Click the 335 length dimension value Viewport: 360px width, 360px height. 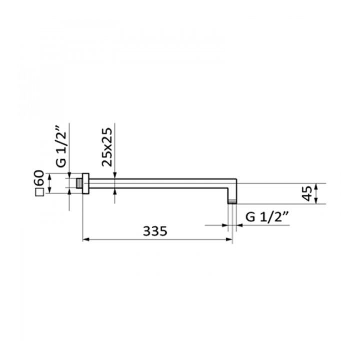(x=155, y=231)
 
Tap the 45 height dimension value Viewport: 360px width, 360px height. (x=306, y=193)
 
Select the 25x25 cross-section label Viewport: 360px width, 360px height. (x=107, y=147)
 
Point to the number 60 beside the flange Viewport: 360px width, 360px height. (x=39, y=177)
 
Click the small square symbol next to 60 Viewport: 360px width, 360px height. (x=39, y=192)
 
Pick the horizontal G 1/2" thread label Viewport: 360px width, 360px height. (x=267, y=216)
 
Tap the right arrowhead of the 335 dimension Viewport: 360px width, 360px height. (x=229, y=239)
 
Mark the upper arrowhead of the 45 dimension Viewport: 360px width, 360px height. (x=316, y=186)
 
